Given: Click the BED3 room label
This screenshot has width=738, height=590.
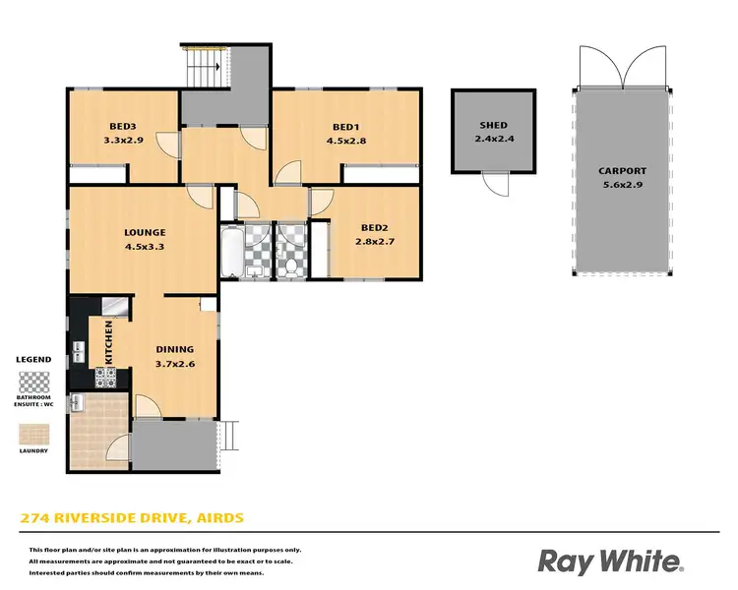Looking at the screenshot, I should coord(123,127).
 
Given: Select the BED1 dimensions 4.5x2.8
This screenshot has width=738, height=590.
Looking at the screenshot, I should coord(345,141).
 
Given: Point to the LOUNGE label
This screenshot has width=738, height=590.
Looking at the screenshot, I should coord(144,233).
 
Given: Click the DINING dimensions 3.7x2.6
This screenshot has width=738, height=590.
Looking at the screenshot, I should coord(175,363).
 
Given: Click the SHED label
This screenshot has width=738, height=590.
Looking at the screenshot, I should coord(493,126).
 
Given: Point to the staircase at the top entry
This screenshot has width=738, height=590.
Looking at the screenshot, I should coord(203,68).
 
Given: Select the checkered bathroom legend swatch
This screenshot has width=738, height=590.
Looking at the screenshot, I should coord(34,380).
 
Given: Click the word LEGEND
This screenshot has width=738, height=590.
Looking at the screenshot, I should coord(34,360).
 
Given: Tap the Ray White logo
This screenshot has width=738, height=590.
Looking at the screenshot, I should coord(609,560).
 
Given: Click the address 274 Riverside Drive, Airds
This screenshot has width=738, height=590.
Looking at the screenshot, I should coord(131,517).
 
